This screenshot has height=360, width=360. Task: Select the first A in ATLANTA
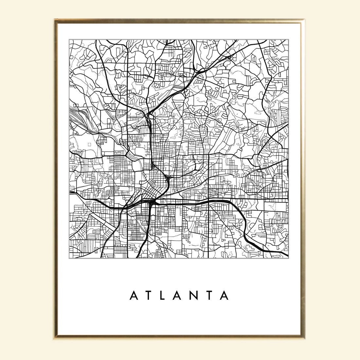point(134,296)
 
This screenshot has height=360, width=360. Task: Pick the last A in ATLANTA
point(224,296)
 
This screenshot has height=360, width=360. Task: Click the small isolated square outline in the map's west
point(89,144)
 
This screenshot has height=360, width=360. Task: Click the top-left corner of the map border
point(69,40)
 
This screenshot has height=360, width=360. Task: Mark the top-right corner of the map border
point(289,40)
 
